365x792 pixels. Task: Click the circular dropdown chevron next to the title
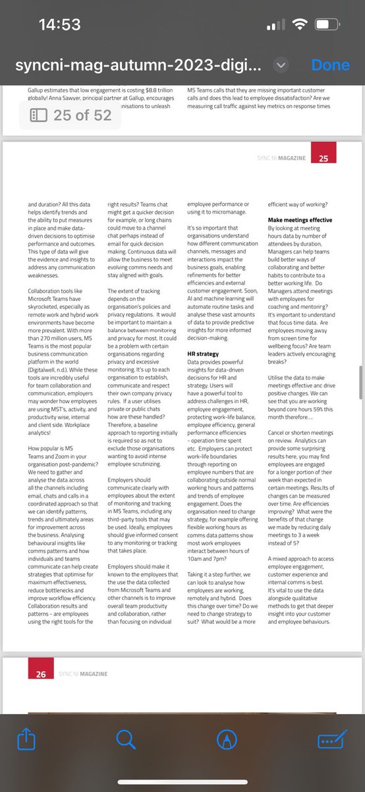(x=281, y=65)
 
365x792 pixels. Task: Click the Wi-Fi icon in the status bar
(x=300, y=25)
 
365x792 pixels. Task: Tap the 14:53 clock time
(x=60, y=25)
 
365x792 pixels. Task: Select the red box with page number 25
(x=323, y=158)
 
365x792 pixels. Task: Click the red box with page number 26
(x=41, y=674)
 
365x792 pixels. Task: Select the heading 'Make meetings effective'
(x=300, y=219)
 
